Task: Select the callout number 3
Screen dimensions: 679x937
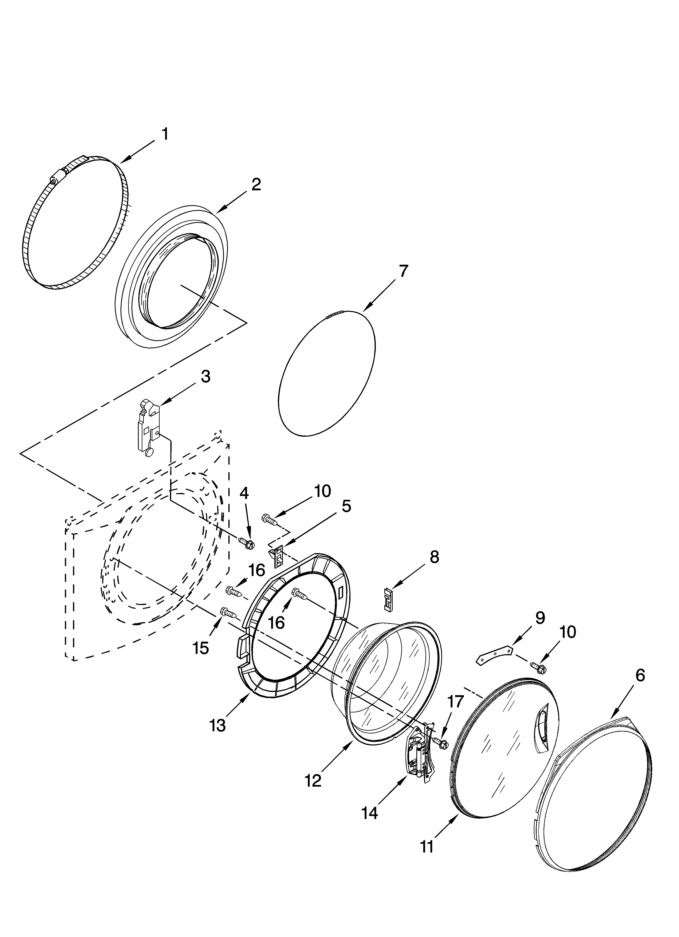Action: (205, 377)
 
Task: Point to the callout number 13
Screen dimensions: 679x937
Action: (218, 725)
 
